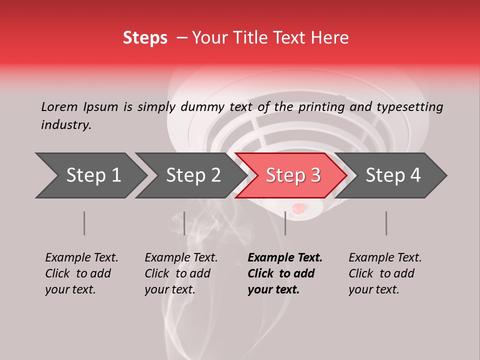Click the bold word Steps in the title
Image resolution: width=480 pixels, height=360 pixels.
[145, 38]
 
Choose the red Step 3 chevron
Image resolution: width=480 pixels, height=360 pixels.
[291, 175]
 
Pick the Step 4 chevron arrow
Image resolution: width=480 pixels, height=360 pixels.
[391, 175]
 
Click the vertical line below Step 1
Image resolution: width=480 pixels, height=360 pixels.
[84, 223]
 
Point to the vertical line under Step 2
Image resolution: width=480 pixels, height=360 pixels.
[184, 223]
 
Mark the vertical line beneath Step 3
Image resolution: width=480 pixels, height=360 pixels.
[285, 223]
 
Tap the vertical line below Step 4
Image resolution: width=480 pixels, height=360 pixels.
[386, 223]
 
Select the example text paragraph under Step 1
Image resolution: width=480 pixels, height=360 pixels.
[81, 273]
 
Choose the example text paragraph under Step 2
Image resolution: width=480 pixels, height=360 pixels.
[181, 273]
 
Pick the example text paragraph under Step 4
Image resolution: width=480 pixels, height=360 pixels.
[385, 273]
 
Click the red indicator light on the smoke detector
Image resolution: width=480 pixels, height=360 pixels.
[298, 207]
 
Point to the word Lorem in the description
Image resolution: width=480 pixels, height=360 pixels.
[59, 106]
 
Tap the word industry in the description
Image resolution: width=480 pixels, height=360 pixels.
[65, 125]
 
